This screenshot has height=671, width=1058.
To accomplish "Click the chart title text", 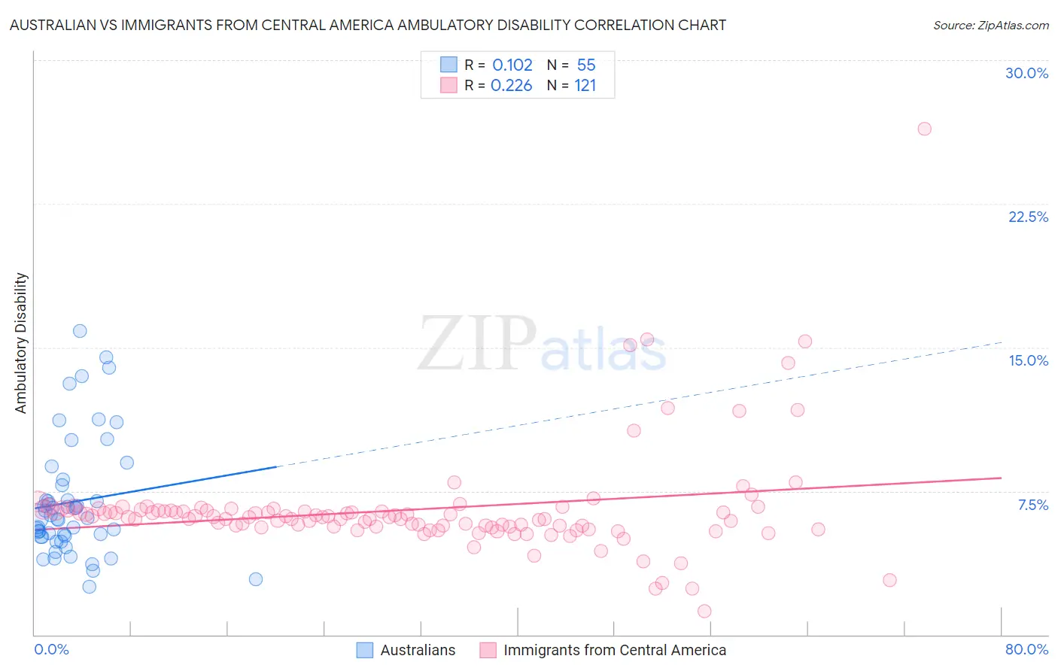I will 368,25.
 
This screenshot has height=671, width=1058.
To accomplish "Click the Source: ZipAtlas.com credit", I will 990,26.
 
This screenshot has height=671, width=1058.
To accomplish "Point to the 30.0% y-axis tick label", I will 1026,73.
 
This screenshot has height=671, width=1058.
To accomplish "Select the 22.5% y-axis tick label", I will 1028,217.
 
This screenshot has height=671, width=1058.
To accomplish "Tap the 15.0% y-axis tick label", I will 1028,360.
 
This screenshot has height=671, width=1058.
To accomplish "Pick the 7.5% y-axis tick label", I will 1032,505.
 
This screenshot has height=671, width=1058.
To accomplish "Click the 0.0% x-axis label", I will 51,649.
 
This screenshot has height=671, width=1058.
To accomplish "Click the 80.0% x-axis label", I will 1026,649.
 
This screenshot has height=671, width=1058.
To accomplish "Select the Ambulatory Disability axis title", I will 21,342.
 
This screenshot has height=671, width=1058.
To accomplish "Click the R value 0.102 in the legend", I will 512,65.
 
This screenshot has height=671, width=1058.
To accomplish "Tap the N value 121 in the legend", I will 585,86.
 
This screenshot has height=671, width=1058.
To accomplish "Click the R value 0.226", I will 511,86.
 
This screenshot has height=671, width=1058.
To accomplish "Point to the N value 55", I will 585,65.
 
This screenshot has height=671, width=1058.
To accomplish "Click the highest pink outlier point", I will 924,129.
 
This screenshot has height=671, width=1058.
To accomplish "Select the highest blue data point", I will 80,331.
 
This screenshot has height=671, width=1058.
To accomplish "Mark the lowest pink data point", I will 704,611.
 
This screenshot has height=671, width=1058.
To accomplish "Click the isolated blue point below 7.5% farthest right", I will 256,579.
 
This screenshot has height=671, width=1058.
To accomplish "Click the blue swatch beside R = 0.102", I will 448,65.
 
